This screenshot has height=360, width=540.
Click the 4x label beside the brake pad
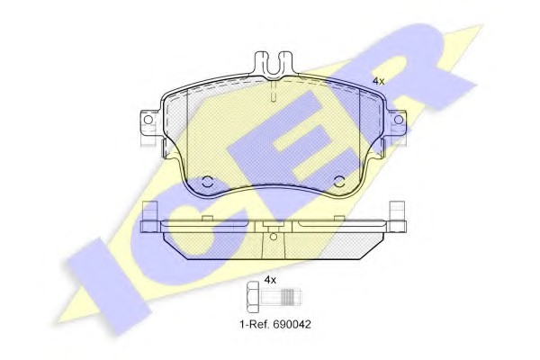click(x=379, y=81)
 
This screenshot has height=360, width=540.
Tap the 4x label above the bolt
click(x=270, y=280)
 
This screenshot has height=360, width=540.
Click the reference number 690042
click(x=292, y=324)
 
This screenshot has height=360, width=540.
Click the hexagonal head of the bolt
click(x=254, y=295)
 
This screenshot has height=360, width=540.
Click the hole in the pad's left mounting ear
click(x=148, y=120)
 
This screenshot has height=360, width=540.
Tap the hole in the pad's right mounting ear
click(x=399, y=120)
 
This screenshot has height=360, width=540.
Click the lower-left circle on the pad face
click(x=207, y=181)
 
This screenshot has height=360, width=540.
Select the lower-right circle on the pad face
click(x=339, y=181)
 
